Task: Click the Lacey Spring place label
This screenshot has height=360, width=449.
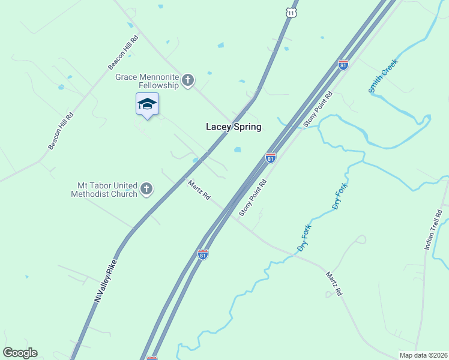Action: click(234, 127)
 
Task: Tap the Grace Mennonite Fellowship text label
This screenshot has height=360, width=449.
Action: click(148, 81)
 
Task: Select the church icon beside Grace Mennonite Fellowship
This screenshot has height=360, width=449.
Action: click(188, 80)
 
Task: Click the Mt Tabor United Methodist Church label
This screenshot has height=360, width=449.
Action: click(104, 190)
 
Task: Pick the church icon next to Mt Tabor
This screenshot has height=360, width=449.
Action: click(146, 190)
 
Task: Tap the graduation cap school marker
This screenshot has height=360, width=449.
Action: click(147, 104)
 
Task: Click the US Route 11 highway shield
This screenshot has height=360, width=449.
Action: click(292, 12)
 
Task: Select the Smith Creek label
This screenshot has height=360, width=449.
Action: click(384, 76)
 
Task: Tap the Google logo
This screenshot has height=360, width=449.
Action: click(20, 353)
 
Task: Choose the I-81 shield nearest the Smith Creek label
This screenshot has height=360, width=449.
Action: click(343, 65)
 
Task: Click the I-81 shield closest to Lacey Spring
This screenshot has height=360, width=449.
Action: click(271, 158)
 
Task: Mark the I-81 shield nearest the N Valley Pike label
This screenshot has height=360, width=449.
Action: click(203, 254)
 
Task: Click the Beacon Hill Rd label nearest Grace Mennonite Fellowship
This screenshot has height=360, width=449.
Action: click(123, 52)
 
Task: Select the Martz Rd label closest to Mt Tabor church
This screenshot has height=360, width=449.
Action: click(199, 190)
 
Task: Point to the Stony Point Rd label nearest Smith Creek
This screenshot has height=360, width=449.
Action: click(318, 109)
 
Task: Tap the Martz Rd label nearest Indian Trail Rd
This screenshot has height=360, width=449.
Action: click(333, 283)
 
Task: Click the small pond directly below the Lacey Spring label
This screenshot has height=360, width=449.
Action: click(238, 149)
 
